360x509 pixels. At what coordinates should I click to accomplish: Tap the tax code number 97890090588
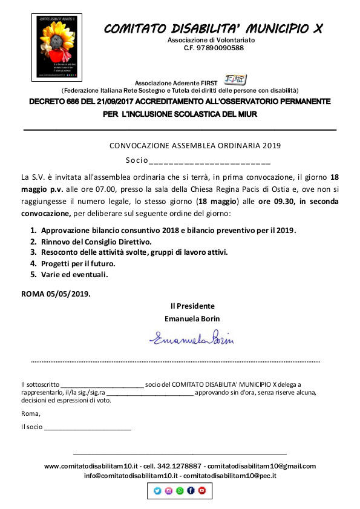(214, 48)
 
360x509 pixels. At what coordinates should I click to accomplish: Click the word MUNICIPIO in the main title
(277, 28)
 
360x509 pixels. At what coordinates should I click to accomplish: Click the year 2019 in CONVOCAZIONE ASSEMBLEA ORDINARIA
(271, 146)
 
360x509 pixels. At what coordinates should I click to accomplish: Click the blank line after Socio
(209, 161)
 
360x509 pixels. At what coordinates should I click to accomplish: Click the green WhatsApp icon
(180, 491)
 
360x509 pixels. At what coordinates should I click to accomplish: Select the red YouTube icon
(201, 491)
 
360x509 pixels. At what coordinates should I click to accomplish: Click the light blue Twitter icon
(158, 491)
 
